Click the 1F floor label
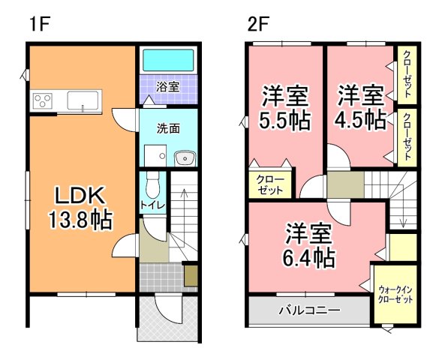[x=39, y=23]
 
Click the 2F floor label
[x=257, y=23]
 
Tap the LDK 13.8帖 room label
[x=81, y=208]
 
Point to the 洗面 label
[x=168, y=128]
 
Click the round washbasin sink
[x=184, y=157]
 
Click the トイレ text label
[x=152, y=205]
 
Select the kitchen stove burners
[x=43, y=99]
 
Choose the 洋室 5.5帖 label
[x=284, y=109]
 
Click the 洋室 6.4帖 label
[x=308, y=245]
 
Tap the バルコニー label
[x=309, y=309]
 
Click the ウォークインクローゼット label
[x=395, y=293]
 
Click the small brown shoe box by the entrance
[x=191, y=274]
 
